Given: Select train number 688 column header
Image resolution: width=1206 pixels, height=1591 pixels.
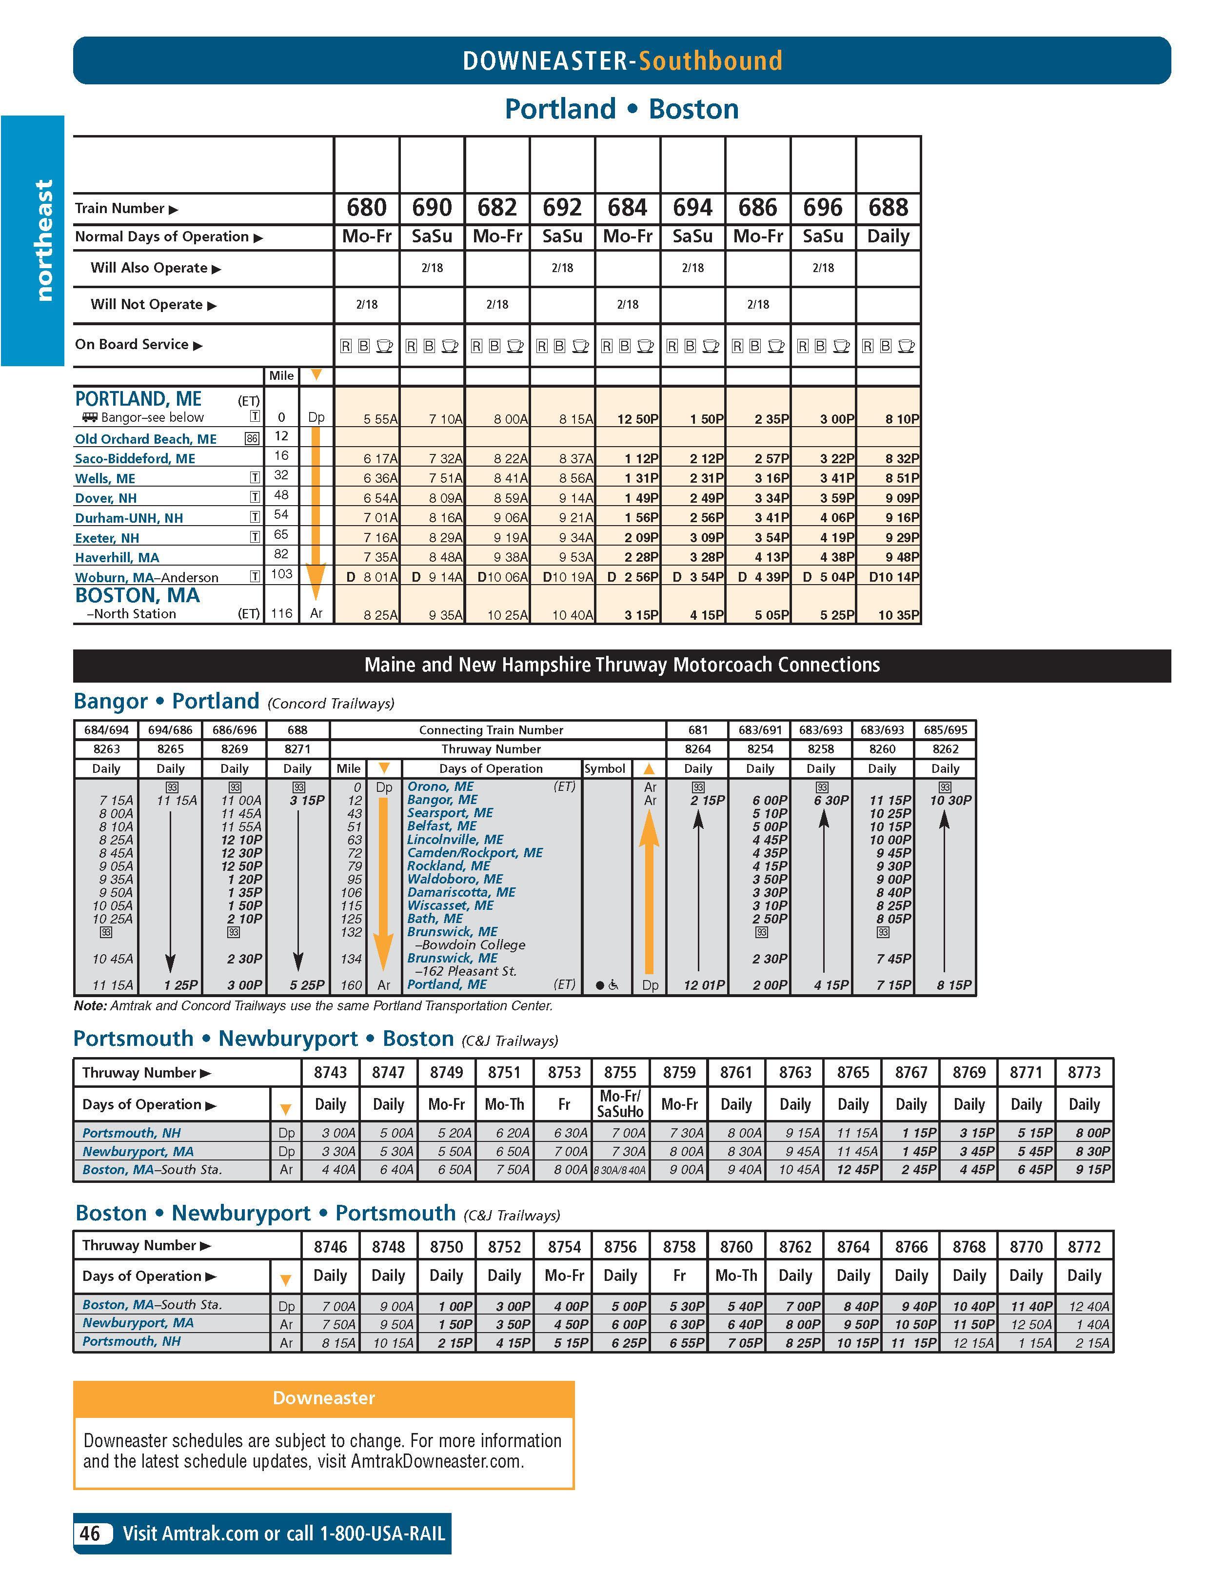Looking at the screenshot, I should click(x=888, y=208).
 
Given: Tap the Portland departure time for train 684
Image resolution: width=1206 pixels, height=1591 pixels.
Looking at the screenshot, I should click(x=637, y=419).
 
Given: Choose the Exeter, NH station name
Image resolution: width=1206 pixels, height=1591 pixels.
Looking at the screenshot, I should click(x=107, y=538).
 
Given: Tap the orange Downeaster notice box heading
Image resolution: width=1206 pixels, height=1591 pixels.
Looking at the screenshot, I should click(x=324, y=1397).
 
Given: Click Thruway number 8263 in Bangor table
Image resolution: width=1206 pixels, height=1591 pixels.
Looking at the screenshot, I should click(x=106, y=749).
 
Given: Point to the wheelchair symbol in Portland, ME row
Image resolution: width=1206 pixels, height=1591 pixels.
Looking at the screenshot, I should click(x=613, y=984).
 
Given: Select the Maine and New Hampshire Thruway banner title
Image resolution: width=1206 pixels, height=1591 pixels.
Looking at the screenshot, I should click(x=622, y=665).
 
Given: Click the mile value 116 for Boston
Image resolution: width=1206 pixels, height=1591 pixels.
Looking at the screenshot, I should click(x=281, y=613).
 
